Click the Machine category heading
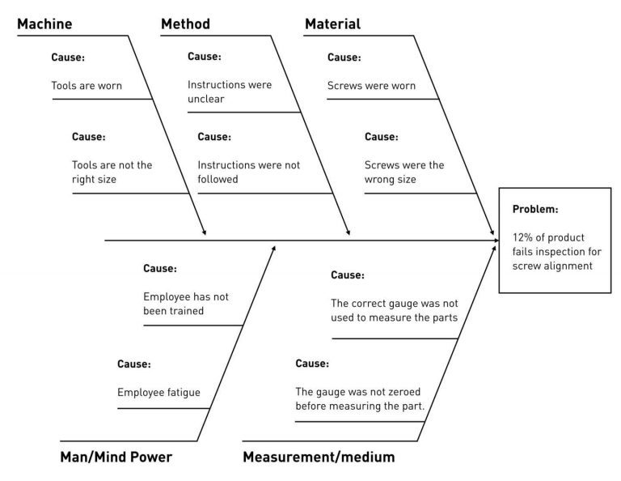click(44, 24)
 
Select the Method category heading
click(185, 24)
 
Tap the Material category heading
click(332, 24)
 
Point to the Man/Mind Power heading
click(116, 458)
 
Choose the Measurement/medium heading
click(319, 458)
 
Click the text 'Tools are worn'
click(87, 85)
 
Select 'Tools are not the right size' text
click(112, 172)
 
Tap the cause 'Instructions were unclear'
click(230, 92)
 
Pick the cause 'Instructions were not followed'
click(248, 172)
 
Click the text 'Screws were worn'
click(371, 85)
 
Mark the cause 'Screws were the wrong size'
click(403, 172)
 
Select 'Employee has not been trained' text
click(185, 303)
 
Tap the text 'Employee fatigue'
click(158, 394)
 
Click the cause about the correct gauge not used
click(394, 310)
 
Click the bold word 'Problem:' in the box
click(535, 209)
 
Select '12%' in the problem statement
click(523, 238)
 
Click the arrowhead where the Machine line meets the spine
click(205, 233)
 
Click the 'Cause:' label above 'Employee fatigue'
click(134, 364)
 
